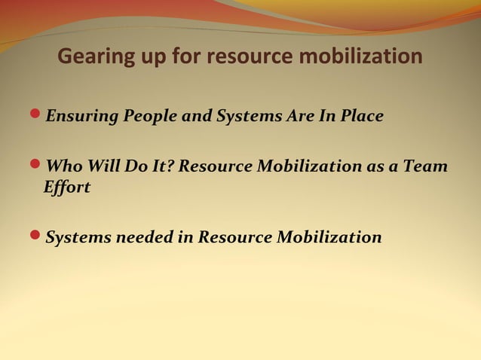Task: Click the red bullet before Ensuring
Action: pyautogui.click(x=37, y=116)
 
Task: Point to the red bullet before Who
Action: pyautogui.click(x=37, y=165)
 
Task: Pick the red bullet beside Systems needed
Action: pyautogui.click(x=37, y=236)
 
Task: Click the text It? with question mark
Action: pyautogui.click(x=162, y=166)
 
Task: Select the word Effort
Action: pyautogui.click(x=68, y=188)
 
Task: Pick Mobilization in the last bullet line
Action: pyautogui.click(x=329, y=237)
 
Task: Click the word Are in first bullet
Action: pyautogui.click(x=292, y=117)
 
